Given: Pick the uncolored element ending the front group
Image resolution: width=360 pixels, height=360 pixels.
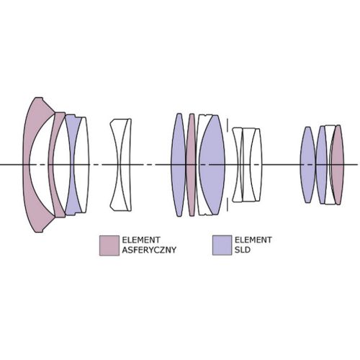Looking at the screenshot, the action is [x=83, y=165].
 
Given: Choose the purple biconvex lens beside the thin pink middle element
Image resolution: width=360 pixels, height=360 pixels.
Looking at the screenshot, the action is [x=179, y=165].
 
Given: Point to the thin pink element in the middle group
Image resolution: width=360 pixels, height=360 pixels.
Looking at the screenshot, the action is [x=192, y=165].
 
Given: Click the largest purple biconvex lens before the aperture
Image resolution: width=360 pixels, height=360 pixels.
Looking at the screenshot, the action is [x=212, y=165].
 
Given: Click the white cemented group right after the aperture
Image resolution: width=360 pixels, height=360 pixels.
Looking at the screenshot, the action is [x=247, y=165].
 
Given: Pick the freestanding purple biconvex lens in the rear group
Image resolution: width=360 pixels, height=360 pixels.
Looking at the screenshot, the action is [x=308, y=165].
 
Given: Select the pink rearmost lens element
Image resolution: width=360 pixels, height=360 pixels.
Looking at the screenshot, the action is [x=338, y=165].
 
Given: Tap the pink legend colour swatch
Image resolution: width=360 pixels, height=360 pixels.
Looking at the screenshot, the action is [x=109, y=246].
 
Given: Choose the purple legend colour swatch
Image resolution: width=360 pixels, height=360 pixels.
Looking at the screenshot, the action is [x=222, y=246].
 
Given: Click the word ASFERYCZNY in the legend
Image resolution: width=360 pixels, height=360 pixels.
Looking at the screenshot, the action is [x=149, y=250].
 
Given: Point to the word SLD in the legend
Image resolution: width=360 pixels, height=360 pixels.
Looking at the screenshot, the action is [x=243, y=250].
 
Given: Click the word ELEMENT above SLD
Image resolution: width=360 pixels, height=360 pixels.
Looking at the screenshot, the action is [x=253, y=240].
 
